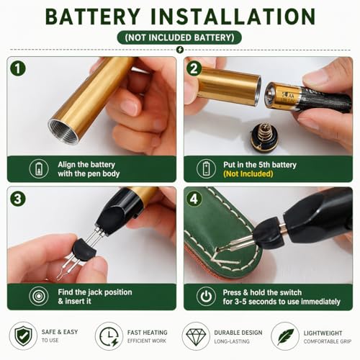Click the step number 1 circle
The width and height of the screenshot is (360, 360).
point(18,68)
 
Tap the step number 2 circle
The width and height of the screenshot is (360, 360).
point(194,68)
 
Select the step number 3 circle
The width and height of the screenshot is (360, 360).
point(18,199)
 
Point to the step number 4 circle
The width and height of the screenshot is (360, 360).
point(194,199)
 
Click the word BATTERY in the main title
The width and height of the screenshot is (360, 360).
point(93,17)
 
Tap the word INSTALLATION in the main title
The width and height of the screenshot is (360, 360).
point(233,17)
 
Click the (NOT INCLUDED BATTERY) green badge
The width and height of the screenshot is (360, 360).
point(179,37)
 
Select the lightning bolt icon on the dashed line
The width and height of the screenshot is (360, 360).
point(180,50)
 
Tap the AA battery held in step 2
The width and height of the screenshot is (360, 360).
point(308,97)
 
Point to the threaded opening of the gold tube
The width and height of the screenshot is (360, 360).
point(63,131)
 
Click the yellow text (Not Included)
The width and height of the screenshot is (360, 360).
point(248,174)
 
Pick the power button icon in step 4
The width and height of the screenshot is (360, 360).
point(206,297)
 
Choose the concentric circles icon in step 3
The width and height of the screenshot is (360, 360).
point(39,297)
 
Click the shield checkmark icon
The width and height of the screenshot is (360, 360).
point(23,336)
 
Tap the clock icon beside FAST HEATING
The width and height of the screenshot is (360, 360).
point(109,336)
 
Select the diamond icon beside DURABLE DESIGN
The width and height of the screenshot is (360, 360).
point(196,336)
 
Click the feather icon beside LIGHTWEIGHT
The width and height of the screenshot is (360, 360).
point(285,336)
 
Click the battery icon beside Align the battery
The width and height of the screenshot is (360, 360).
point(39,168)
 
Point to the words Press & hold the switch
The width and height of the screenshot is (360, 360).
point(262,292)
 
